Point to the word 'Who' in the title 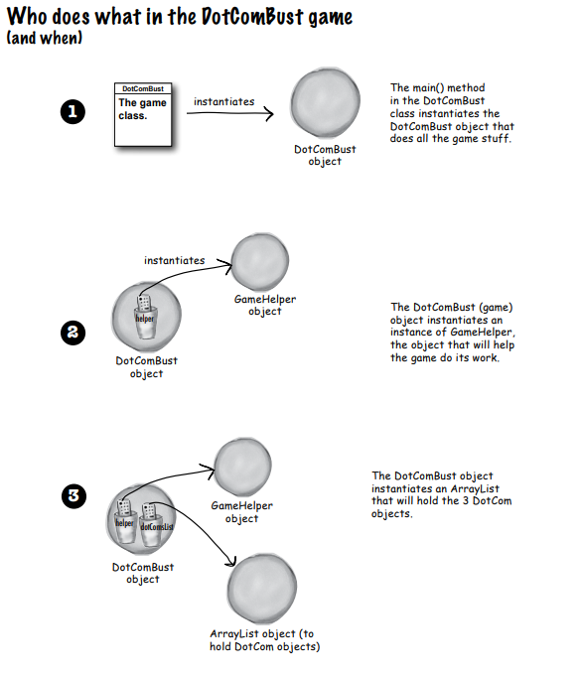[31, 17]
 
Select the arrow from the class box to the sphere [229, 113]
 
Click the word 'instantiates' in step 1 [223, 101]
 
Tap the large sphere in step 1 [325, 105]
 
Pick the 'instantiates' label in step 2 [174, 260]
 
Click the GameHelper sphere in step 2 [258, 259]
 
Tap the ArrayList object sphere [262, 590]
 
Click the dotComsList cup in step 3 [154, 522]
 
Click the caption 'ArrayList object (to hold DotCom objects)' [264, 640]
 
